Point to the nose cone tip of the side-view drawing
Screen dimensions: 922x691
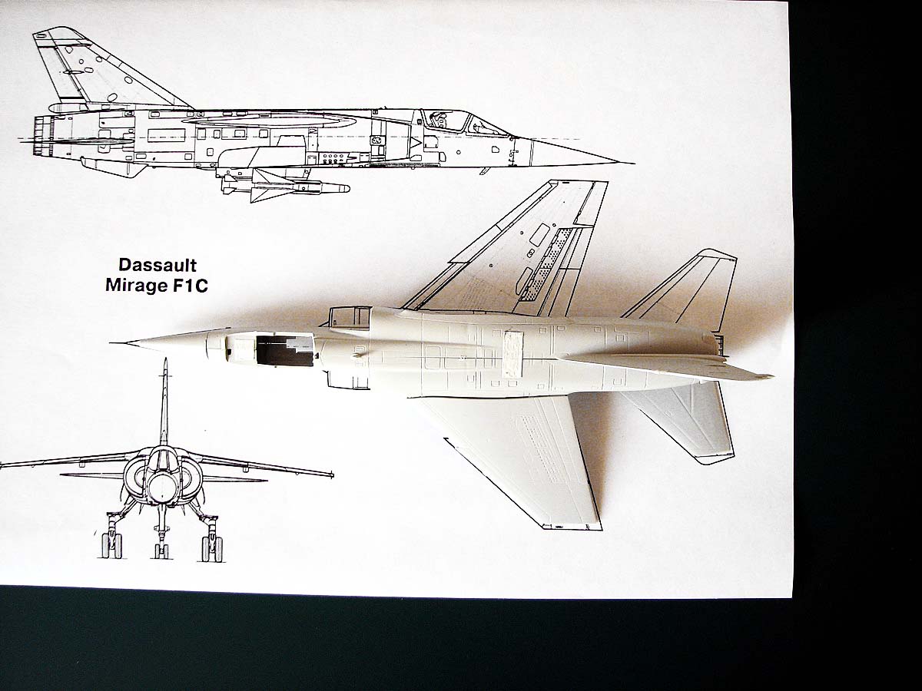pos(630,163)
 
